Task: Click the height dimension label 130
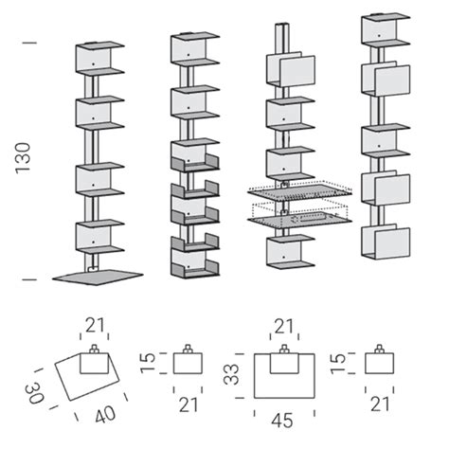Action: coord(23,158)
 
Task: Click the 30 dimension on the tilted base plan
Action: coord(35,392)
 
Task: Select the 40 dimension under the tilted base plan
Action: coord(105,414)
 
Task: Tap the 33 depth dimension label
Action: coord(231,374)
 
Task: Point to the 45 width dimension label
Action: coord(282,421)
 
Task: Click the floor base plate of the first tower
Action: coord(98,277)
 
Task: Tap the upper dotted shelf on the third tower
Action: coord(299,190)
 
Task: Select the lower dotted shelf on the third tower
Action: coord(299,218)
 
